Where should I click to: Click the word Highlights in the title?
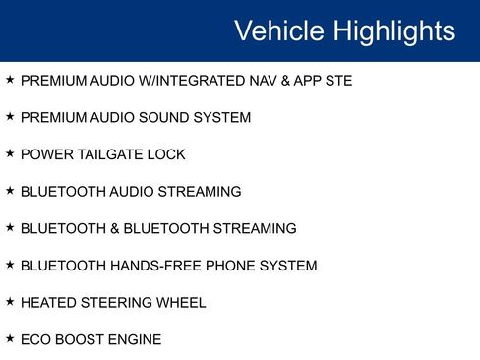394,30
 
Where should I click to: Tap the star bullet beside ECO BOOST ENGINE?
10,339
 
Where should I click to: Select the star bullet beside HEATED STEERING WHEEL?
10,302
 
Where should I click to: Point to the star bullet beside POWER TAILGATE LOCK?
10,154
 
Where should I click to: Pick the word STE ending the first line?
336,81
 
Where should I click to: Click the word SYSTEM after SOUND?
221,118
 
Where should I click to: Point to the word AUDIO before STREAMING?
130,192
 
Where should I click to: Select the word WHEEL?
180,302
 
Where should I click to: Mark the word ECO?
34,339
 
